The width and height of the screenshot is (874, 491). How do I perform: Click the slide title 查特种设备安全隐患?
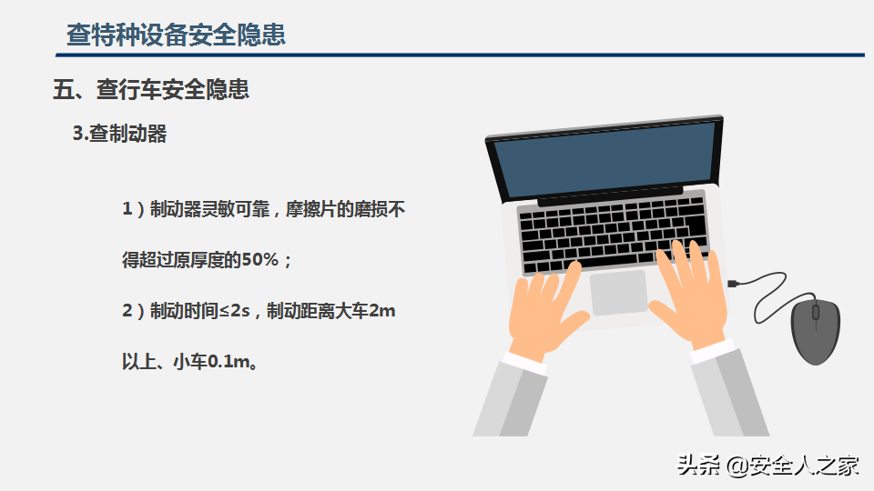[176, 35]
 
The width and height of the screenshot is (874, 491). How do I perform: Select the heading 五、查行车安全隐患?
[151, 89]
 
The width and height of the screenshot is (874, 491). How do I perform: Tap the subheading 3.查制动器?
[120, 134]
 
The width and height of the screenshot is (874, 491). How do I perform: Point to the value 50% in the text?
[259, 259]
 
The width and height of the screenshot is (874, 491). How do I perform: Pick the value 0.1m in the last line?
[229, 362]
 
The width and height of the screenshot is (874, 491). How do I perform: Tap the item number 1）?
[133, 209]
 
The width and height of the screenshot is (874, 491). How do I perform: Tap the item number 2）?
[133, 311]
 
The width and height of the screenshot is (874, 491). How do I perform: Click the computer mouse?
[816, 332]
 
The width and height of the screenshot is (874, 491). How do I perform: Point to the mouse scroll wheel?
[816, 312]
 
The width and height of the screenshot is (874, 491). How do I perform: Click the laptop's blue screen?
[605, 160]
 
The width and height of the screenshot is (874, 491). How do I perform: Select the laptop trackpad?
[619, 292]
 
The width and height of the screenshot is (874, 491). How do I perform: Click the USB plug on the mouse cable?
[733, 284]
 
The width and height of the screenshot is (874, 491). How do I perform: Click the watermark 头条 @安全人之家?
[768, 466]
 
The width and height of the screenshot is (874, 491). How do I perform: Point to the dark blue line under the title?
[460, 55]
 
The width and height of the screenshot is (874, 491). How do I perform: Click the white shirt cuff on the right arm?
[713, 351]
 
